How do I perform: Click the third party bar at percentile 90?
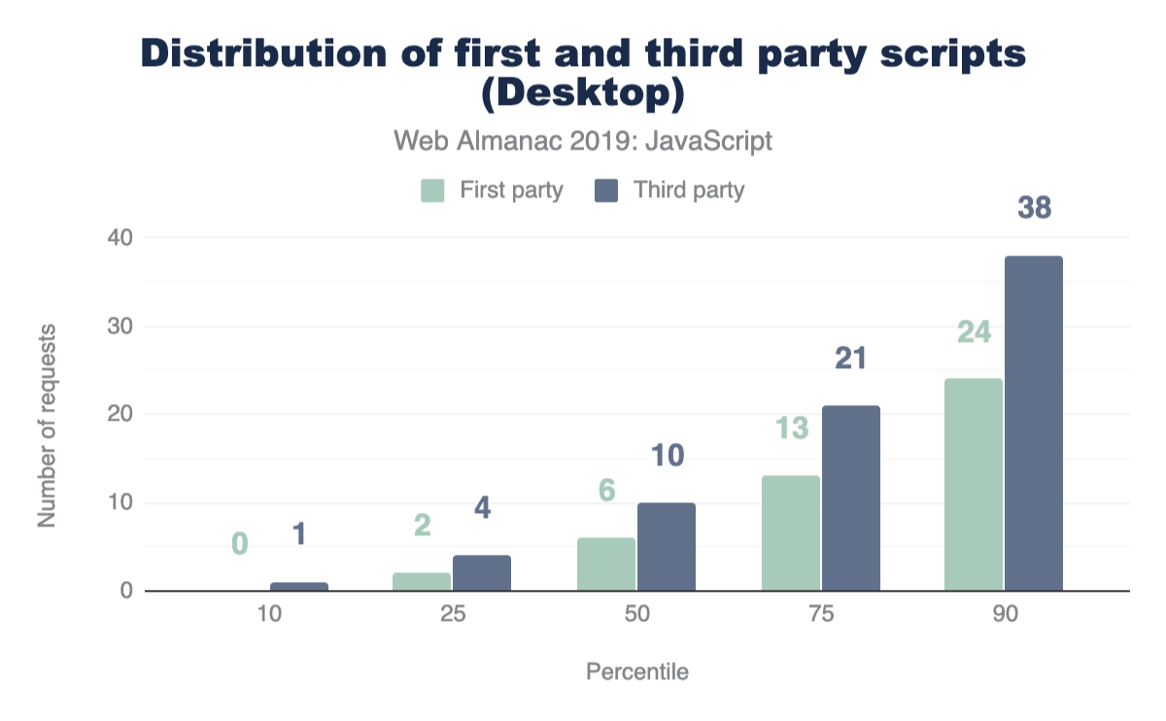[1034, 424]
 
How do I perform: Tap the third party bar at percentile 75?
[850, 498]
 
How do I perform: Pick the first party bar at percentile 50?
[606, 565]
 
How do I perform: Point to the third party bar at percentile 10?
[299, 586]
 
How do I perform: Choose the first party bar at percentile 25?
[423, 582]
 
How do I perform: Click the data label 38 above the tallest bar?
[1034, 208]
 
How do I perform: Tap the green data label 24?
[974, 332]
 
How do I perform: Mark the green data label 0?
[239, 543]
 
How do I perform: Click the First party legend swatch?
[432, 189]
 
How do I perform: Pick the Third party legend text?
[688, 189]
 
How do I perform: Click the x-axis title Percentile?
[636, 671]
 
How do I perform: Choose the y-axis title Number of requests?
[47, 425]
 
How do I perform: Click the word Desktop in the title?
[583, 95]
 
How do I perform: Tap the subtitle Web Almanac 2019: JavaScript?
[583, 141]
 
